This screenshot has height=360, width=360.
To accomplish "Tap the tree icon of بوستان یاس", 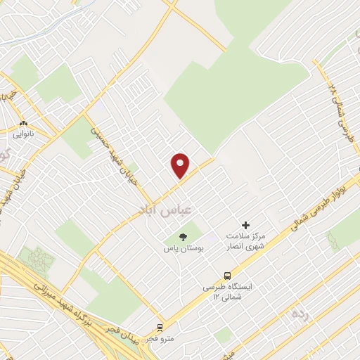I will point(183,238).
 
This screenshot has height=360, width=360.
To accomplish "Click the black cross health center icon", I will point(245,224).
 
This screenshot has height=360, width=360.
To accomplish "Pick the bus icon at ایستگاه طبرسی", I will point(227,276).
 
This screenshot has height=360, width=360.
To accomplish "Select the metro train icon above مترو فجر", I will point(160,327).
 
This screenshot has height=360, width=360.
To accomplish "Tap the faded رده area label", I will point(301,313).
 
